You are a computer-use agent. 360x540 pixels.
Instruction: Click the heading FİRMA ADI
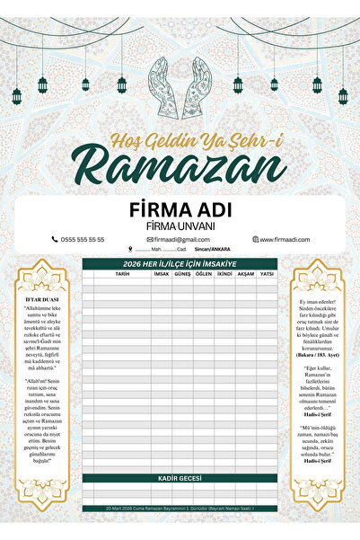click(x=180, y=208)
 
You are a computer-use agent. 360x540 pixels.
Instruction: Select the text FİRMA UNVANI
click(x=180, y=226)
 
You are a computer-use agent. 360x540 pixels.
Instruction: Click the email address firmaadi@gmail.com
click(x=179, y=240)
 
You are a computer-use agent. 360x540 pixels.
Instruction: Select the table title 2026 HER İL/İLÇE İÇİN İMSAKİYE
click(x=180, y=263)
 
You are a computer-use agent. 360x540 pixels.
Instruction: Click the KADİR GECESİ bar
click(x=180, y=479)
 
